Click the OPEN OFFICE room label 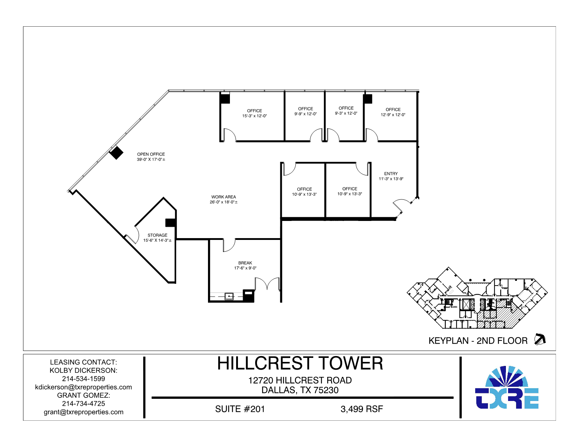(x=151, y=154)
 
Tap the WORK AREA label (x=223, y=197)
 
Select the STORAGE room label (x=158, y=235)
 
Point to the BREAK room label (x=245, y=263)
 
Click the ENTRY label (x=391, y=174)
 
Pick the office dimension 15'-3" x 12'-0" (x=254, y=116)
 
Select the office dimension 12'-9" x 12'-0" (x=393, y=115)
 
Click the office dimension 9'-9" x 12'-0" (x=306, y=114)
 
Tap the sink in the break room (x=229, y=296)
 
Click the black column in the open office (x=117, y=153)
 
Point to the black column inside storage (x=170, y=223)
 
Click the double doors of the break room (x=267, y=284)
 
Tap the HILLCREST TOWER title (x=300, y=364)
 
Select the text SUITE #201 (x=240, y=409)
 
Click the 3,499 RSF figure (x=362, y=409)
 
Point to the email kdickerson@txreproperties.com (x=83, y=387)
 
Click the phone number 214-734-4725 (x=83, y=404)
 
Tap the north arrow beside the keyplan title (x=540, y=339)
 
